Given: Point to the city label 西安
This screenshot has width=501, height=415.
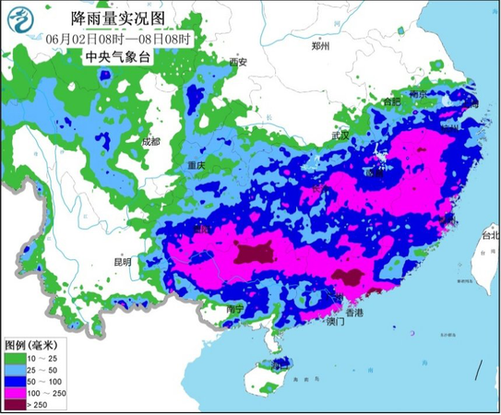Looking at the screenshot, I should click(238, 62).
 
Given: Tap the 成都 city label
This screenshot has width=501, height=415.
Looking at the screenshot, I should click(150, 141).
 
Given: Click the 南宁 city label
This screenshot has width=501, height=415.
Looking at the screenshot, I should click(237, 310).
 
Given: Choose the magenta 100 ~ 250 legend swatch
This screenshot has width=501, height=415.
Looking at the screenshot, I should click(16, 392).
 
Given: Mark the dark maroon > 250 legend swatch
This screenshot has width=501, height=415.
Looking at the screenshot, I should click(16, 404).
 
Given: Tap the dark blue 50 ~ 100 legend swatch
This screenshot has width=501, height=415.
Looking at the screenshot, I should click(16, 380).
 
